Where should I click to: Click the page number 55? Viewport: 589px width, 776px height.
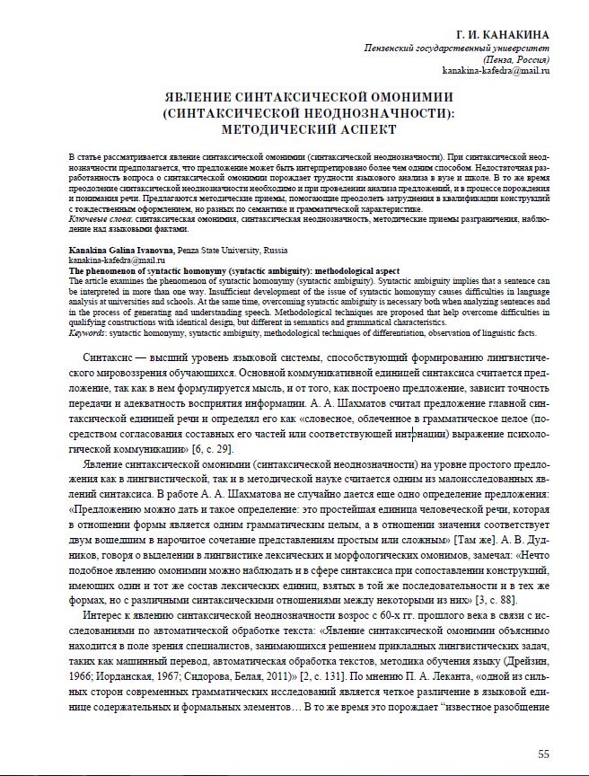point(543,753)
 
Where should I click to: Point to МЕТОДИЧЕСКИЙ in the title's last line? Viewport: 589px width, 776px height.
point(254,129)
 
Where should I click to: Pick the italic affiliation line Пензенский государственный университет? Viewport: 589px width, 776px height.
point(456,47)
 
